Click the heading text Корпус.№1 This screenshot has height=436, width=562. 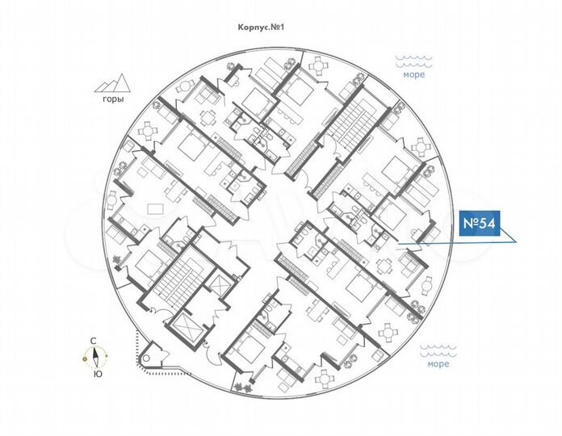coord(261,27)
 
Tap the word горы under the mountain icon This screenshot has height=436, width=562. coord(113,99)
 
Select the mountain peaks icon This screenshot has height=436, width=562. coord(112,83)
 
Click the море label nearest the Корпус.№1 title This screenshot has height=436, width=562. coord(414,74)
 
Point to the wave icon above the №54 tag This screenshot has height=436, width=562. coord(414,61)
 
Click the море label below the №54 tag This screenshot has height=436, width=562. coord(438,364)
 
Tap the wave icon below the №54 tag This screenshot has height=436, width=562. coord(438,350)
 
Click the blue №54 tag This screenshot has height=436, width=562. coord(480,223)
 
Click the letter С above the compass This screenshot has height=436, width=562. coord(93,341)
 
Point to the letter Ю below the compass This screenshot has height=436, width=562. coord(98,374)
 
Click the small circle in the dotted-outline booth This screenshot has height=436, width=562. coord(146,358)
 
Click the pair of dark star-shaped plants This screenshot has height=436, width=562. coord(242,387)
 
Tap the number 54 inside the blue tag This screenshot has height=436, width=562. coord(487,223)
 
